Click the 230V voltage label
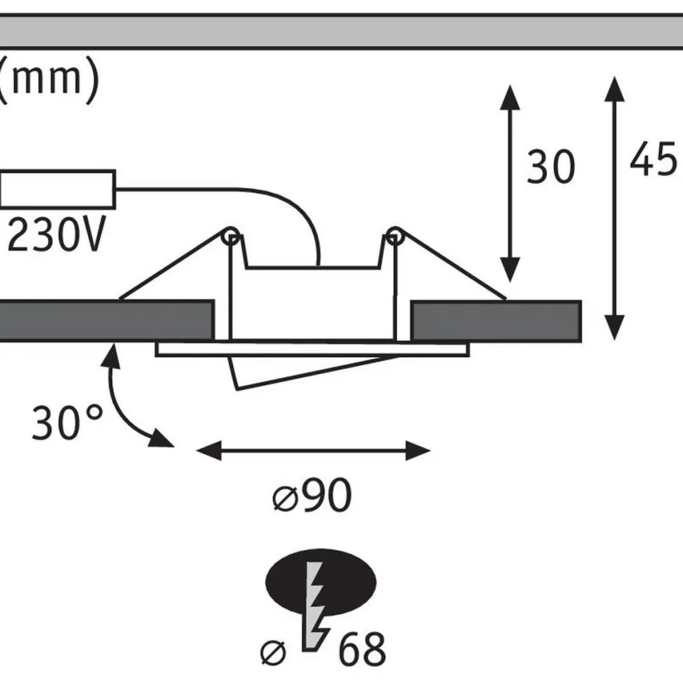point(56,235)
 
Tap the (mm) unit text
point(49,80)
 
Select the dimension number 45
point(654,159)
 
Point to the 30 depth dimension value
point(551,166)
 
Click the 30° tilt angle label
point(68,422)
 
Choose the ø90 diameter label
point(312,495)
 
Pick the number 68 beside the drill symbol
point(361,649)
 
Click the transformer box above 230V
point(58,189)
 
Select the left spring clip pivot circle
point(230,237)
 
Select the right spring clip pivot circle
point(394,236)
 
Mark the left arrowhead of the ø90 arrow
point(208,451)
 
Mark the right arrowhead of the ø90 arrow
point(418,451)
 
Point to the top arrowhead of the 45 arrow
point(614,89)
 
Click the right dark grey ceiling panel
point(496,321)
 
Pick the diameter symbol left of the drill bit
point(273,653)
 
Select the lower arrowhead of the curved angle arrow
point(161,439)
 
